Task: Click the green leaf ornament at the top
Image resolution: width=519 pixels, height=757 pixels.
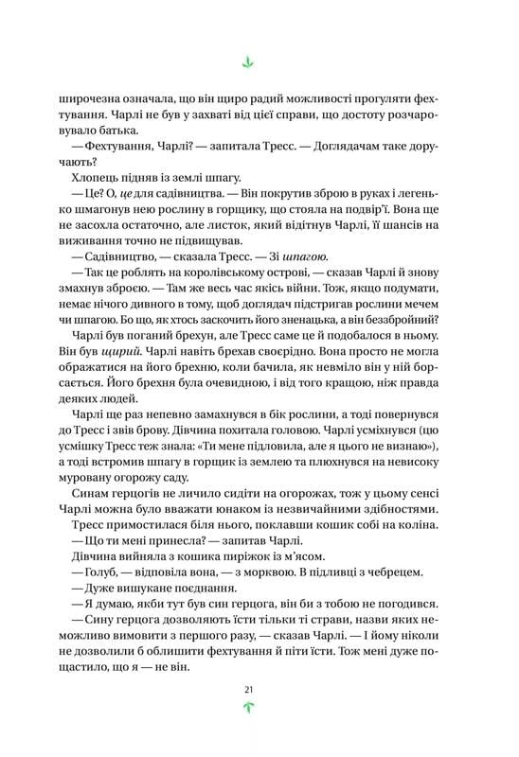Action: pos(248,62)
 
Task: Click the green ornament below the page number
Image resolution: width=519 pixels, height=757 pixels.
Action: pos(248,706)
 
